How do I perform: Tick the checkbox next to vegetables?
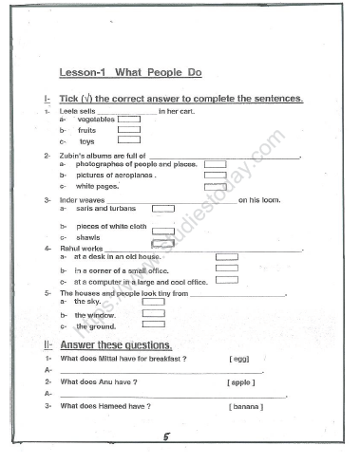[x=128, y=120]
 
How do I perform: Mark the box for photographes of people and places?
[x=215, y=164]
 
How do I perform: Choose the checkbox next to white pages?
[x=215, y=187]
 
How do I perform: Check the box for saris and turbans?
[x=163, y=209]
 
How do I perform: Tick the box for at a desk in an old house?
[x=226, y=257]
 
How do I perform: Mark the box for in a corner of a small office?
[x=226, y=269]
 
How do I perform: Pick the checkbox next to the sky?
[x=153, y=303]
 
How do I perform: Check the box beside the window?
[x=153, y=314]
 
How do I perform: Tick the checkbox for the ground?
[x=153, y=325]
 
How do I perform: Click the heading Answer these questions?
[x=115, y=344]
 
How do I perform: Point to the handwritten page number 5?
[x=165, y=437]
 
